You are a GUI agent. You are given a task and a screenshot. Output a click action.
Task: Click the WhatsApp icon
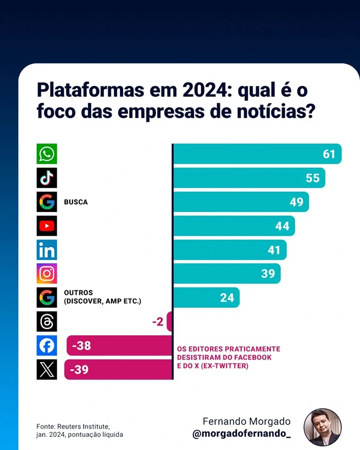[x=47, y=154]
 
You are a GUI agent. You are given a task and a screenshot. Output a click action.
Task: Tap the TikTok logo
[x=47, y=178]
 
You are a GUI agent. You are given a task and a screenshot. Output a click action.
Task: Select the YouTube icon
[x=47, y=226]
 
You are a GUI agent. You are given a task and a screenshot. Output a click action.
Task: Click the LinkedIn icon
[x=47, y=250]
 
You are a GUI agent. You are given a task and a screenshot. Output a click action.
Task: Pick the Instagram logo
[x=47, y=274]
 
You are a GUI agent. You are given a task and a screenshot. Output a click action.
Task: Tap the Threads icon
[x=47, y=321]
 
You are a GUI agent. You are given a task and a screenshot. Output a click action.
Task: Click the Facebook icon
[x=47, y=346]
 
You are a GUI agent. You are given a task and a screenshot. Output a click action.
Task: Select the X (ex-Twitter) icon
[x=47, y=369]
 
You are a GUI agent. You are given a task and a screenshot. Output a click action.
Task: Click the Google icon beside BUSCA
[x=47, y=202]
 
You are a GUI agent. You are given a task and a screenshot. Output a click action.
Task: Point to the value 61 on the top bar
[x=329, y=154]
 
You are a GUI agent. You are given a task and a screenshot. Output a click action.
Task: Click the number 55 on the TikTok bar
[x=312, y=178]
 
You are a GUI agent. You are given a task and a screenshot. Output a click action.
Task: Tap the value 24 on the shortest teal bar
[x=227, y=298]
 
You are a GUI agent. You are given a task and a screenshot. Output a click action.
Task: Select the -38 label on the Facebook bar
[x=81, y=346]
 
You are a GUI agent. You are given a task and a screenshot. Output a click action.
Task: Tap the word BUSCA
[x=76, y=202]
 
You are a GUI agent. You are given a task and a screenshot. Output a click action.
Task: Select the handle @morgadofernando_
[x=241, y=434]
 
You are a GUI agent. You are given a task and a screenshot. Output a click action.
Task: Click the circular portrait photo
[x=323, y=427]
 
